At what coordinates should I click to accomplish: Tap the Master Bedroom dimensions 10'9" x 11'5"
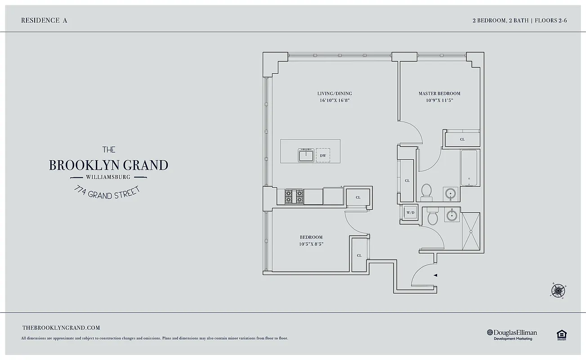point(439,101)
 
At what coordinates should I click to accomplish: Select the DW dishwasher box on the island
point(322,156)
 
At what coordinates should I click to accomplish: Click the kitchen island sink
point(306,156)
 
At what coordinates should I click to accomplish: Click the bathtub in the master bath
point(470,168)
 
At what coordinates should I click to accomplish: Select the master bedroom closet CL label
point(462,139)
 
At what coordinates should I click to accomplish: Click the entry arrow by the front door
point(435,274)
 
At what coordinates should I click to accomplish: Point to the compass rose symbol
point(558,290)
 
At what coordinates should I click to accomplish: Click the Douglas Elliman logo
point(512,334)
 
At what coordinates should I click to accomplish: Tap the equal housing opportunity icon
point(561,334)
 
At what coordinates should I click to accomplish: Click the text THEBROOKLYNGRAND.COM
point(61,328)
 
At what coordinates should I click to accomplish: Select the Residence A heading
point(44,20)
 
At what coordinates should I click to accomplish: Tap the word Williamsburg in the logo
point(108,177)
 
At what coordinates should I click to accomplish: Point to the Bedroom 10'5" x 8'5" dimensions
point(311,244)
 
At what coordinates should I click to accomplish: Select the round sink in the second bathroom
point(452,216)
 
